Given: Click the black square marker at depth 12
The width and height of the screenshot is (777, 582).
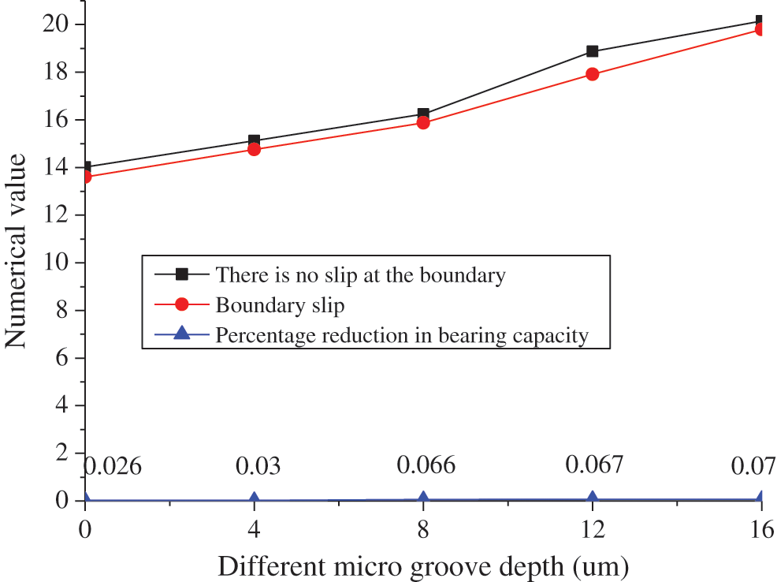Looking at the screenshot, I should click(x=592, y=51).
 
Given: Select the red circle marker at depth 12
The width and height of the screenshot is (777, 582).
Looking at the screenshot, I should click(x=592, y=74).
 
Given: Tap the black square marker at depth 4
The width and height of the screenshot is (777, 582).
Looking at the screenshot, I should click(x=254, y=140).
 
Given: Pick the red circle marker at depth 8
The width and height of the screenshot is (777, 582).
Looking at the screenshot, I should click(x=423, y=122).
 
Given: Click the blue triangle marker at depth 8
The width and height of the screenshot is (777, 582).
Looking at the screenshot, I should click(x=423, y=498).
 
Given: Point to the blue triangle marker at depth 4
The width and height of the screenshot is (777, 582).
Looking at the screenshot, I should click(x=254, y=498).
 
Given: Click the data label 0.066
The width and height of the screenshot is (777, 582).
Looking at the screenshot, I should click(x=426, y=465).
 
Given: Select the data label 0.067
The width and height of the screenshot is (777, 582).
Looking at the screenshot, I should click(x=594, y=464).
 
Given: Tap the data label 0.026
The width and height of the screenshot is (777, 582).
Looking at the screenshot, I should click(x=113, y=465).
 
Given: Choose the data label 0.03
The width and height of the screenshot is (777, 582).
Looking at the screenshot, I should click(x=258, y=465).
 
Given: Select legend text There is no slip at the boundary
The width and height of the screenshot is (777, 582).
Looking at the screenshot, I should click(x=360, y=274).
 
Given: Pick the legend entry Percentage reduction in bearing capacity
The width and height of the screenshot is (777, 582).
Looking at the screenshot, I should click(x=402, y=335).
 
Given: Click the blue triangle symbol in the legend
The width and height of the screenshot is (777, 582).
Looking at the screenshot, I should click(x=181, y=334).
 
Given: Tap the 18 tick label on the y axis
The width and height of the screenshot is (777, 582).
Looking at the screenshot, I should click(x=61, y=72).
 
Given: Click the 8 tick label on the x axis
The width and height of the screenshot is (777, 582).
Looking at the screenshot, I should click(x=423, y=531).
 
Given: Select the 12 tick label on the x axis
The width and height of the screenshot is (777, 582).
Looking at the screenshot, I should click(x=592, y=531).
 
